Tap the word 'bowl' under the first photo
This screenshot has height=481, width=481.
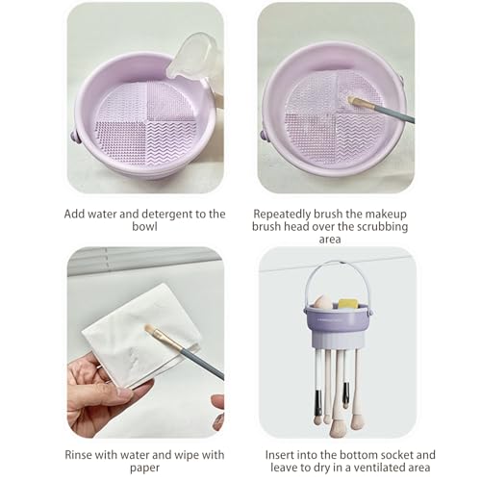coord(144,226)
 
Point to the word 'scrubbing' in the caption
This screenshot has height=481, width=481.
coord(383,226)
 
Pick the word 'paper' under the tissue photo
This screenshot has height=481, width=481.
coord(144,468)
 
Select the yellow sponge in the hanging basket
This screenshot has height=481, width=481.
coord(348,304)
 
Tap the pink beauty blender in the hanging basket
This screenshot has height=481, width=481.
coord(324,302)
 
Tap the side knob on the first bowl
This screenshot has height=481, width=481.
coord(75,136)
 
